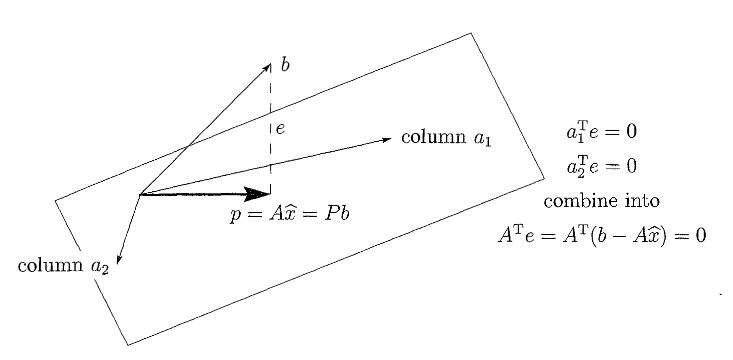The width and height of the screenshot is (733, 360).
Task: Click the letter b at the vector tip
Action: [285, 66]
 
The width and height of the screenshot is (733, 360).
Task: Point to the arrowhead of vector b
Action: [267, 67]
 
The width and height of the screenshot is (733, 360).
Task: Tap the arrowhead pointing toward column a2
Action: [119, 258]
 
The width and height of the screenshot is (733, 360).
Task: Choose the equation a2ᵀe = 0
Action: [602, 165]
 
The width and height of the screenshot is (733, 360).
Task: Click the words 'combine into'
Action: [601, 201]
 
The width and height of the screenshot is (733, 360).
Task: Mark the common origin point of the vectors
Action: [141, 193]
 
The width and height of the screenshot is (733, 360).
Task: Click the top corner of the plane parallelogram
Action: [470, 33]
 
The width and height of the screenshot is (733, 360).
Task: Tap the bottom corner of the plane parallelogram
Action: [127, 345]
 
